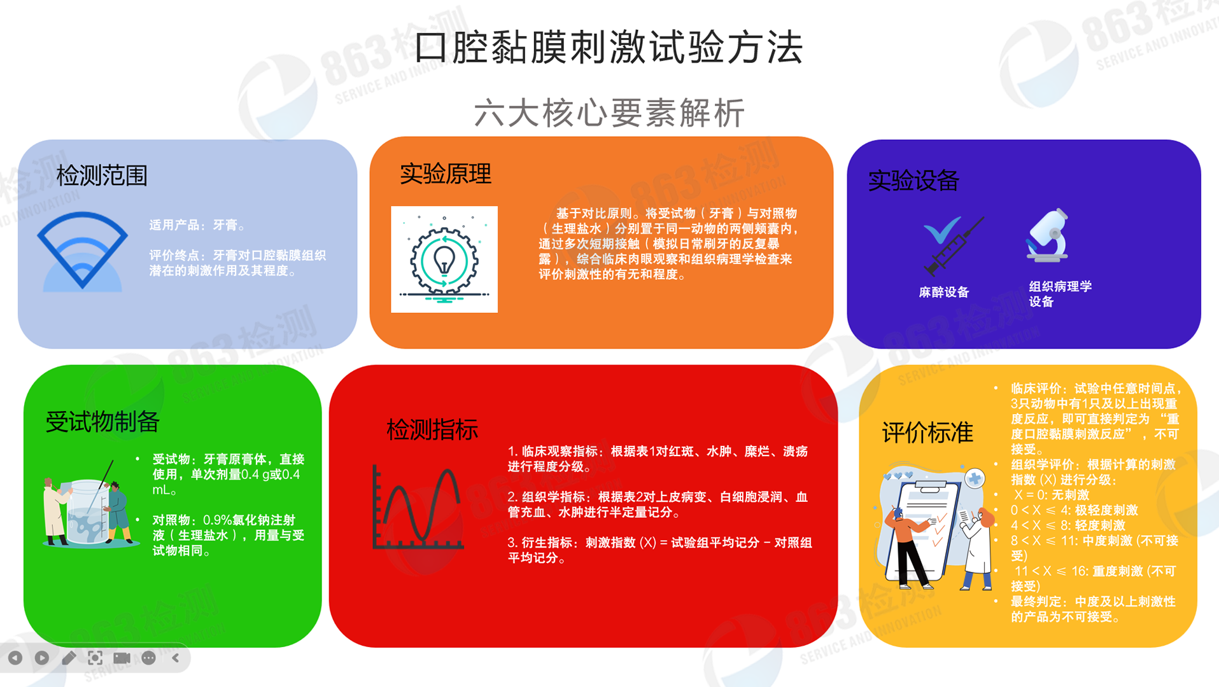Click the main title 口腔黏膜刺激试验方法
pos(609,48)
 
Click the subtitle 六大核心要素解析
pos(609,113)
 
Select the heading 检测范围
pos(102,176)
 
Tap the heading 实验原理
pos(446,174)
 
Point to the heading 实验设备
pos(913,181)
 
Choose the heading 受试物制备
pos(102,422)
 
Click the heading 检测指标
pos(433,430)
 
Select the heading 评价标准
pos(927,433)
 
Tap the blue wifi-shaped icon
pos(83,252)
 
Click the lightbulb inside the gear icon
pos(444,260)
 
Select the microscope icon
pos(1048,235)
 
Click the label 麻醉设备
pos(944,293)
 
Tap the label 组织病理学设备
pos(1060,294)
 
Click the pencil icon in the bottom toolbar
pos(69,658)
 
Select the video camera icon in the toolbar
pos(122,658)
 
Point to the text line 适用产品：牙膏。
pos(197,225)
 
